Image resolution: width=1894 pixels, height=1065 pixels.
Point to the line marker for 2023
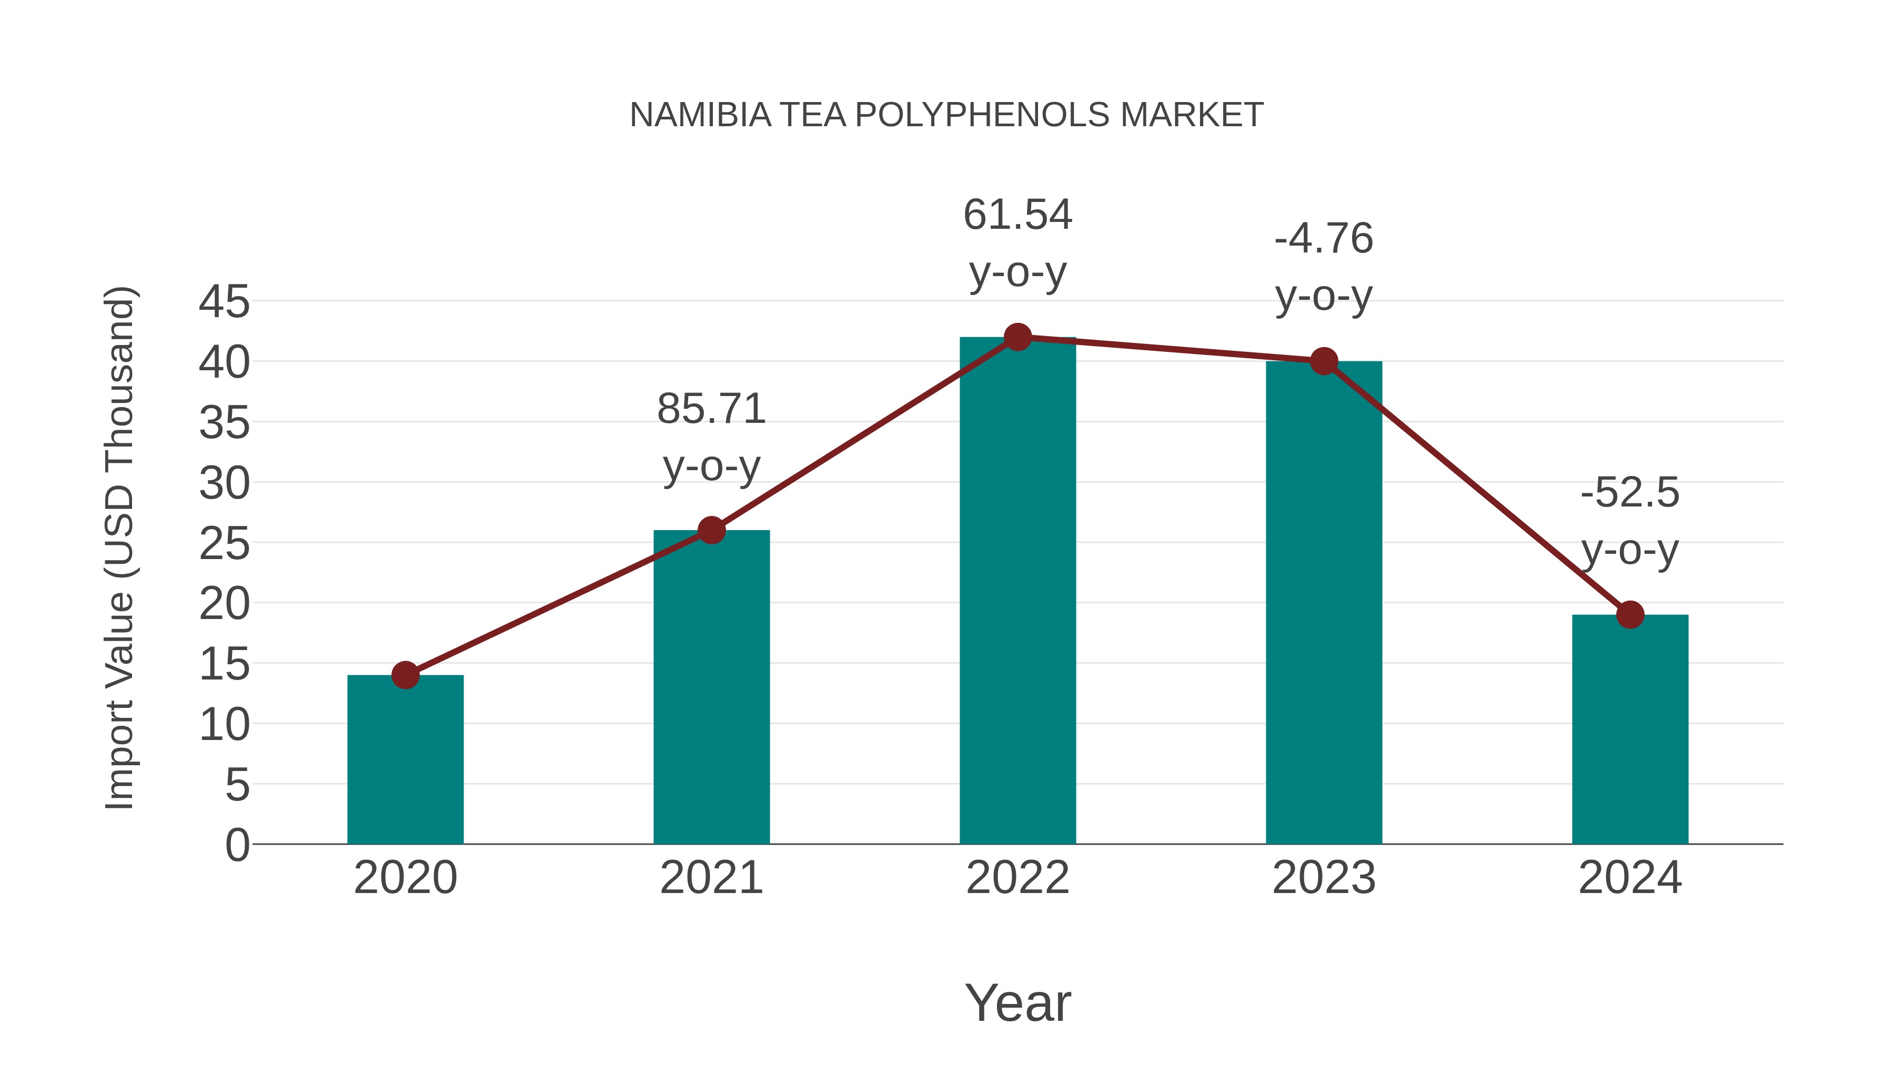(1324, 362)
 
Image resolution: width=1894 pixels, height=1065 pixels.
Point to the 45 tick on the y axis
(224, 301)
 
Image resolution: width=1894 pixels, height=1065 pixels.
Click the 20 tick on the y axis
(224, 604)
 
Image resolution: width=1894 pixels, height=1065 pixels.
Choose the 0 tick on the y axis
(237, 845)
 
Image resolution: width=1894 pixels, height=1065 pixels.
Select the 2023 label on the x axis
(1324, 878)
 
